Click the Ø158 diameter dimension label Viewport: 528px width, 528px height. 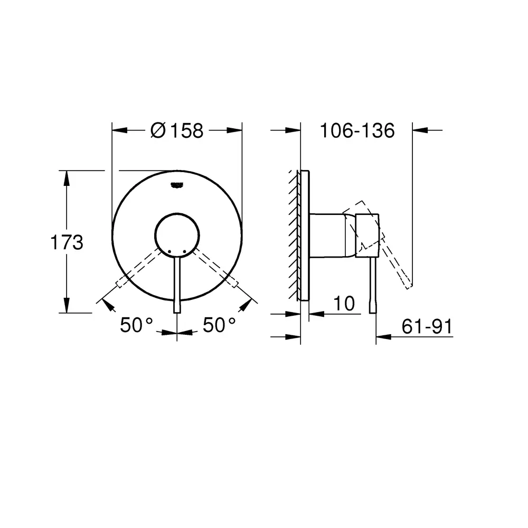177,130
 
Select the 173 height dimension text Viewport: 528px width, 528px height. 67,242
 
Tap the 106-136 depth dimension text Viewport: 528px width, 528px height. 357,130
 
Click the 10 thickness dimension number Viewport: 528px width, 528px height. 344,304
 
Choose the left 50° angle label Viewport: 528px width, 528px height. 136,325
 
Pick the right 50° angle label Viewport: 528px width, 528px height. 219,325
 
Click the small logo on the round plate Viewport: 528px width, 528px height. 177,185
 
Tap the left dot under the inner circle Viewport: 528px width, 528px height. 169,251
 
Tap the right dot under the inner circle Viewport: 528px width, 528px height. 184,251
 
